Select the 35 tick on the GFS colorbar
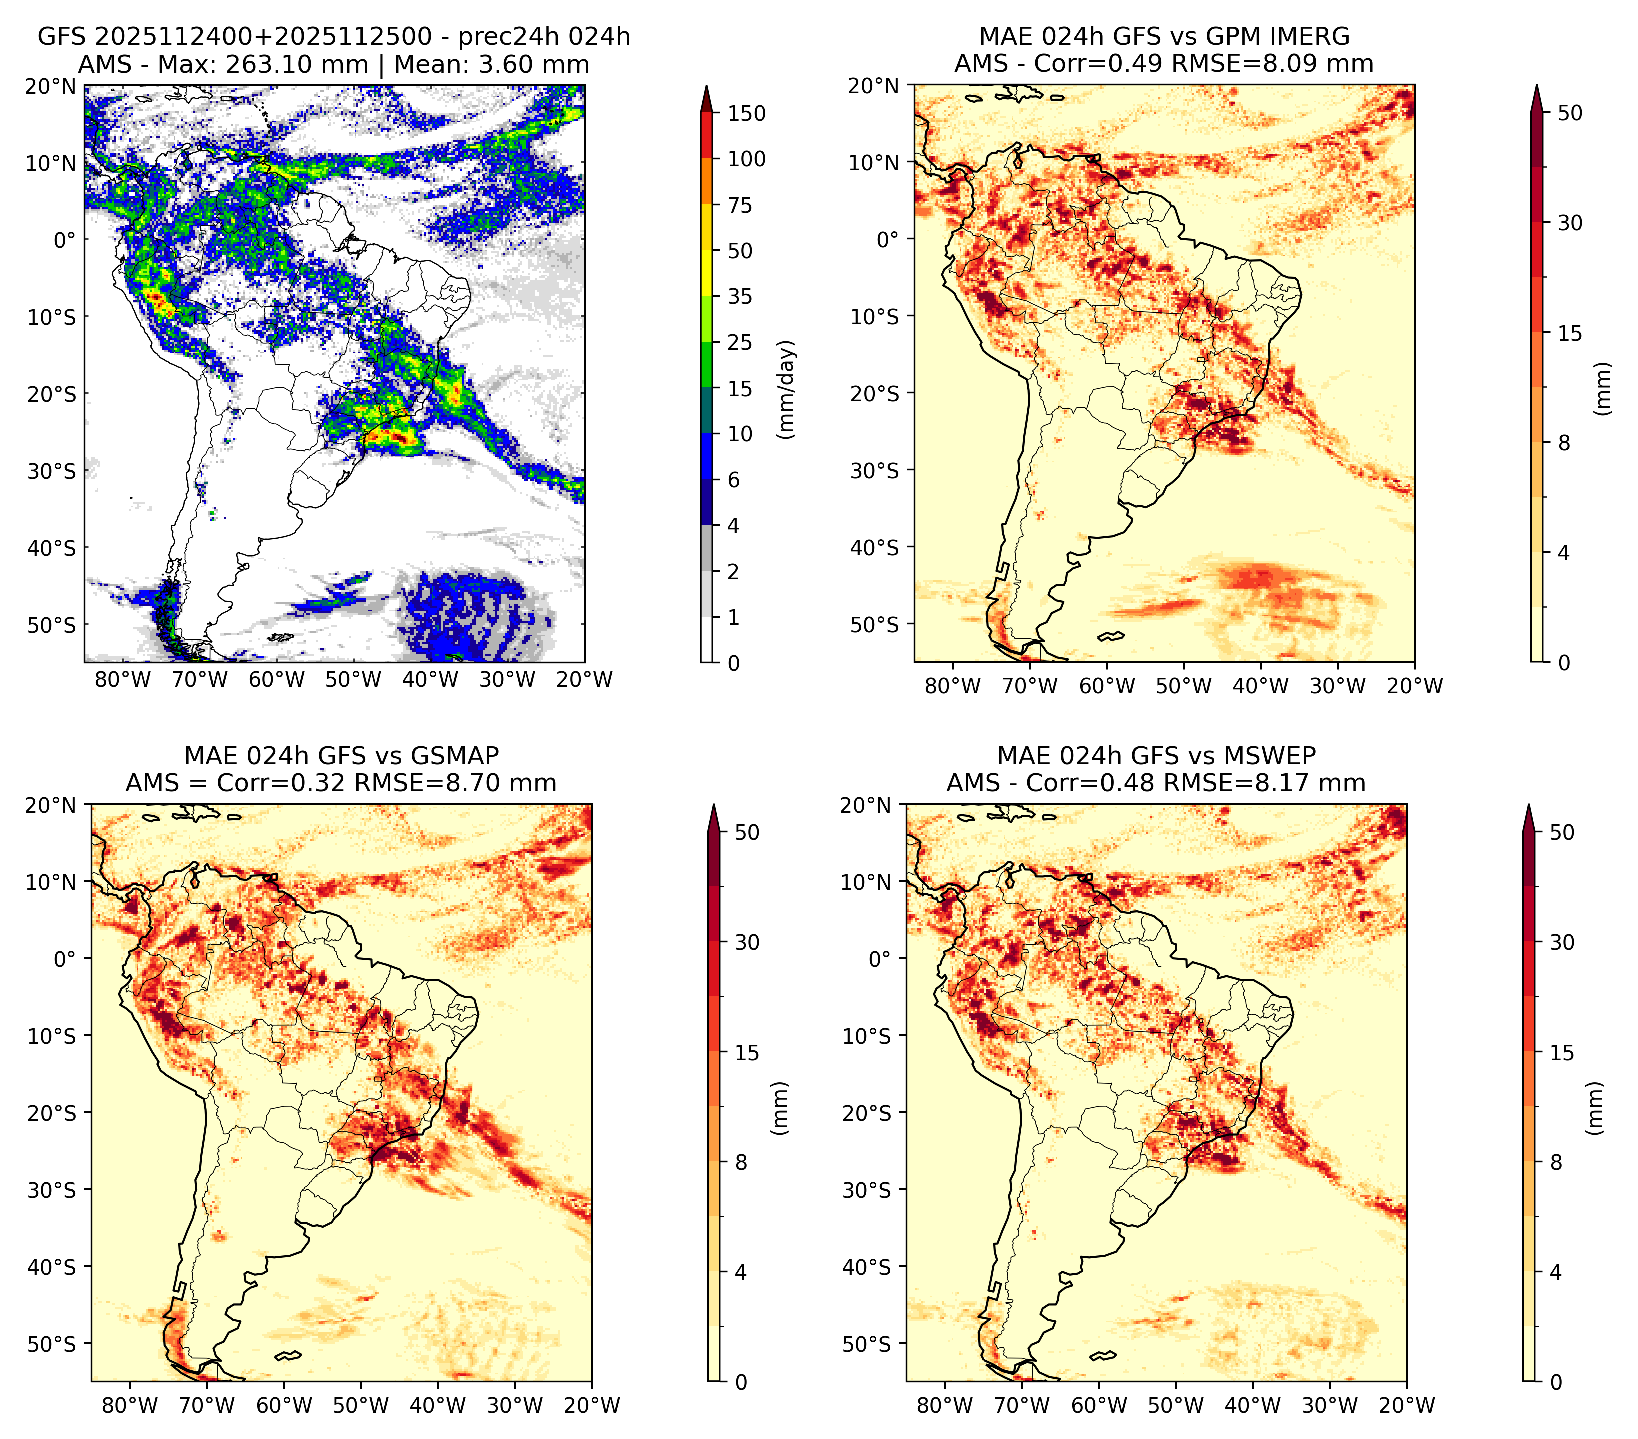pyautogui.click(x=740, y=296)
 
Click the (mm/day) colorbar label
pyautogui.click(x=788, y=389)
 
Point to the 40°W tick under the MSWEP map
pyautogui.click(x=1253, y=1405)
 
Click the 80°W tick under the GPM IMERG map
pyautogui.click(x=953, y=686)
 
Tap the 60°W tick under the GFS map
pyautogui.click(x=277, y=679)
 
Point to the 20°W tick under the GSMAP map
pyautogui.click(x=592, y=1405)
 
